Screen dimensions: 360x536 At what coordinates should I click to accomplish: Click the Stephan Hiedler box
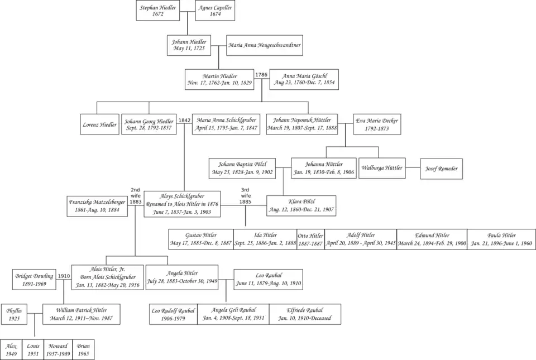[x=158, y=11]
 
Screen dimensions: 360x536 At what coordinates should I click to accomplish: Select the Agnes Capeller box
[x=215, y=11]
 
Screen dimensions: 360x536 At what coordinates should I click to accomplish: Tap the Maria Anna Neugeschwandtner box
[x=265, y=45]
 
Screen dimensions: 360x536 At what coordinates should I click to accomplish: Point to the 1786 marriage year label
[x=261, y=75]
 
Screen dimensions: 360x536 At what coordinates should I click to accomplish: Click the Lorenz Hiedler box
[x=99, y=124]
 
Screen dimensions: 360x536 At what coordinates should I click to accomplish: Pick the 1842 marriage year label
[x=185, y=121]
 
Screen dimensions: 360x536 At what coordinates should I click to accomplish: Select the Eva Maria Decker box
[x=377, y=124]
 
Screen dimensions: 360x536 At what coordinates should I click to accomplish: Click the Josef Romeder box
[x=441, y=169]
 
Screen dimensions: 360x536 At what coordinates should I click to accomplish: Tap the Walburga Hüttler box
[x=382, y=168]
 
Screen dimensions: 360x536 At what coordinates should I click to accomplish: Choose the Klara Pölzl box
[x=301, y=206]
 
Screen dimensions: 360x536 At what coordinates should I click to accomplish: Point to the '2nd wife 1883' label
[x=136, y=196]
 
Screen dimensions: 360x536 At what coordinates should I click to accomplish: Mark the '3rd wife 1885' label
[x=246, y=196]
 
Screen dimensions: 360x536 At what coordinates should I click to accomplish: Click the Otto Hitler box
[x=310, y=239]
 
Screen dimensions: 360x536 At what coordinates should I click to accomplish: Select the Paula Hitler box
[x=501, y=239]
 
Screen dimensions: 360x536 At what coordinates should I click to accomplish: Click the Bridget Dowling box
[x=35, y=280]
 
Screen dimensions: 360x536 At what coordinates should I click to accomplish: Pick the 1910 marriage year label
[x=64, y=276]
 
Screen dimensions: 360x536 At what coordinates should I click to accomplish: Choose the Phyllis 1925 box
[x=14, y=314]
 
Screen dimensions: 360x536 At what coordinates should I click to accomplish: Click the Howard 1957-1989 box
[x=59, y=350]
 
